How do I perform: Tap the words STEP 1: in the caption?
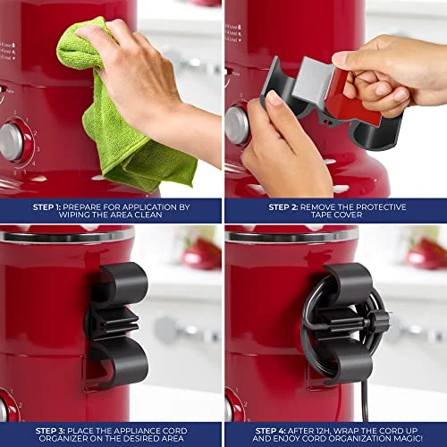click(46, 207)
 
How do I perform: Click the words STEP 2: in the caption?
click(283, 207)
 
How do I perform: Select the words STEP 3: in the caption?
click(50, 431)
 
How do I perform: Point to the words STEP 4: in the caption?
click(270, 431)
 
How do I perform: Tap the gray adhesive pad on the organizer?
click(312, 80)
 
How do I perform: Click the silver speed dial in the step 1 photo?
click(12, 142)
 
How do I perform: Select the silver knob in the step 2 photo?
click(237, 126)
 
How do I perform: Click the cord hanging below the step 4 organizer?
click(365, 401)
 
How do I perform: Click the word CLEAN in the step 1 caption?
click(148, 215)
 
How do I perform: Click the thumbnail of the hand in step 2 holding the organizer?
click(272, 98)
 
